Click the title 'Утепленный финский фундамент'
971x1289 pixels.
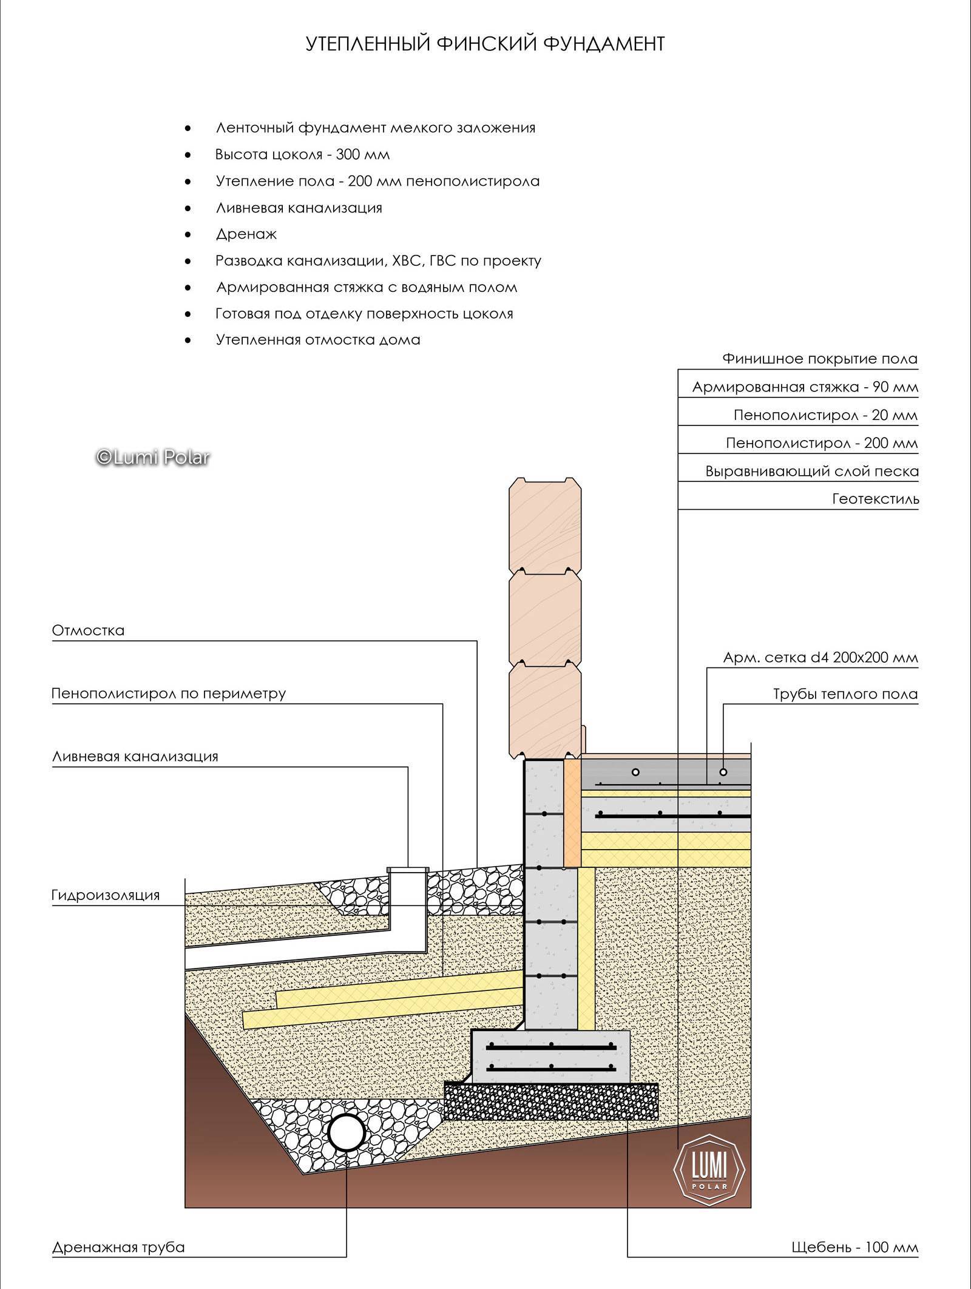pyautogui.click(x=485, y=44)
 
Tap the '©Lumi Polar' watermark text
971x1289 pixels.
pyautogui.click(x=153, y=456)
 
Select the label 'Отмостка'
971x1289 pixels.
pyautogui.click(x=88, y=631)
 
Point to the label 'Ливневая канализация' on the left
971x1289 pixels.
pyautogui.click(x=135, y=757)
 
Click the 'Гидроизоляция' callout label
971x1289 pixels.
pyautogui.click(x=106, y=895)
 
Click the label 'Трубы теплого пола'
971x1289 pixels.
pyautogui.click(x=845, y=694)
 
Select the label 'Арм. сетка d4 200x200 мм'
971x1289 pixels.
pyautogui.click(x=820, y=658)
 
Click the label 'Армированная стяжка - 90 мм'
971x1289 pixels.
pyautogui.click(x=805, y=387)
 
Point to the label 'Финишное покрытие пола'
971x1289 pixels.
pyautogui.click(x=820, y=359)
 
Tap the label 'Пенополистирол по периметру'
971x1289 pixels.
pyautogui.click(x=169, y=694)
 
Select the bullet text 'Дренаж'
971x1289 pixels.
pyautogui.click(x=246, y=234)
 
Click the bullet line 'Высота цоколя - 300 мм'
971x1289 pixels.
pyautogui.click(x=302, y=155)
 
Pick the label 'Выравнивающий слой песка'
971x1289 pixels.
pyautogui.click(x=812, y=472)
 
